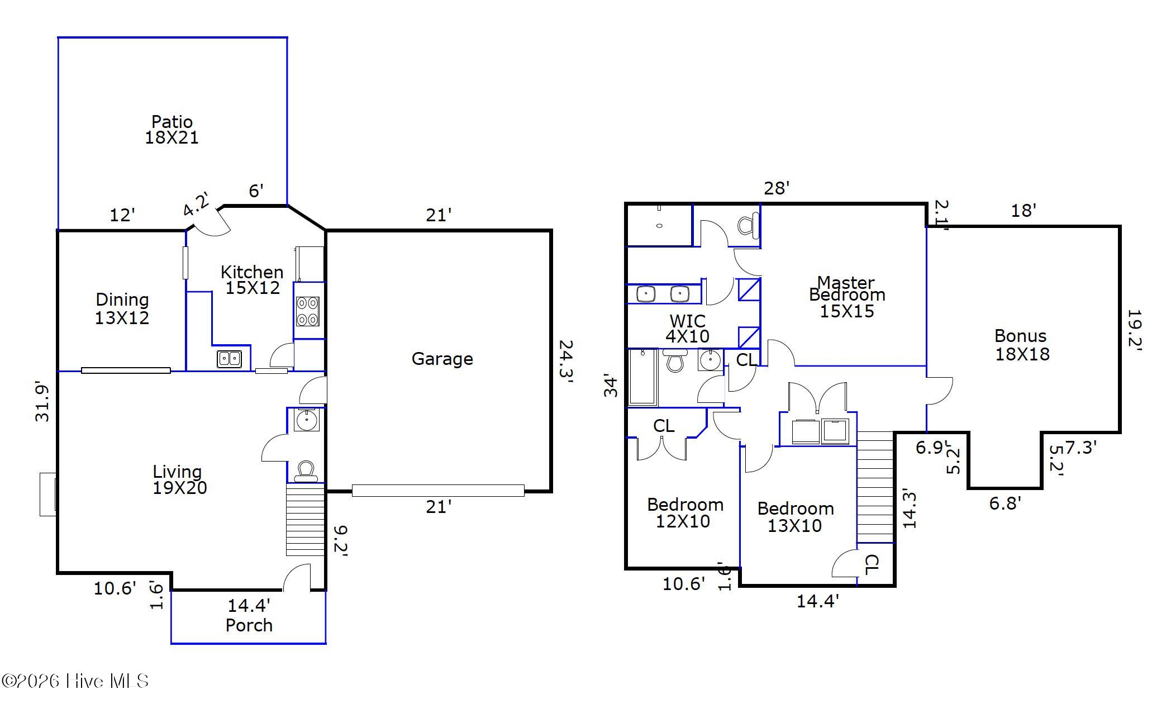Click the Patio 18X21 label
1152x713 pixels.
172,130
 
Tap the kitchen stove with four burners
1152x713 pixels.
307,311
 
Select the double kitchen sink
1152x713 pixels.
229,359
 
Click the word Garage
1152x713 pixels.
442,359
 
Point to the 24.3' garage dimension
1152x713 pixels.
565,362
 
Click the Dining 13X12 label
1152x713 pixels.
122,308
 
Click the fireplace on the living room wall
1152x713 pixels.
48,494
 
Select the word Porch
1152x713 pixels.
249,625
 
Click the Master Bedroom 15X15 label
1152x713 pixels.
846,297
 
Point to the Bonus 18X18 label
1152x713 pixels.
1022,345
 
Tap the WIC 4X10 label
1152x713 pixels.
687,329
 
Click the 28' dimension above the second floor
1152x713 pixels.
777,188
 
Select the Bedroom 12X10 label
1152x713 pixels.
684,513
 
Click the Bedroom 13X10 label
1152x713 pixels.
795,517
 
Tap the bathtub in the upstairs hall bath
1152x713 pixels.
642,377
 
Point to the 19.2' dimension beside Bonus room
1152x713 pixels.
1134,329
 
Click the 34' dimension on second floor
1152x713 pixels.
612,386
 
